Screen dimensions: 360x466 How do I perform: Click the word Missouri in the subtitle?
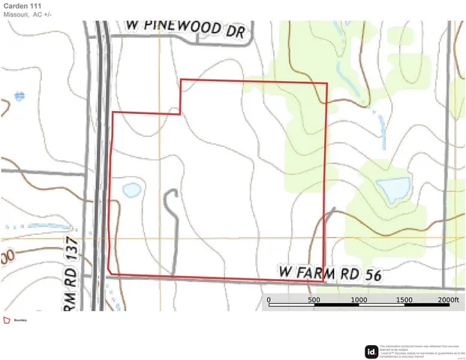pos(17,15)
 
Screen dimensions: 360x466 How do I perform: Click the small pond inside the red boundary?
pos(131,189)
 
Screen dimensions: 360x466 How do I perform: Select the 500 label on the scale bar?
pos(313,299)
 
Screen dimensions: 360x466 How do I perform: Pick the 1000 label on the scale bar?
pos(359,299)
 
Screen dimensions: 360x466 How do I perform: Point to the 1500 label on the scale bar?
pos(404,299)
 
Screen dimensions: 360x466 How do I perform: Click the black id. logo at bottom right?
pos(371,352)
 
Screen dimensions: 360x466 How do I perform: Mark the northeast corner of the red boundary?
pos(327,83)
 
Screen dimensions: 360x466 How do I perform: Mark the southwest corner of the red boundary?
pos(110,272)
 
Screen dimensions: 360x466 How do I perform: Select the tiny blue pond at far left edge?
pos(18,96)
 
